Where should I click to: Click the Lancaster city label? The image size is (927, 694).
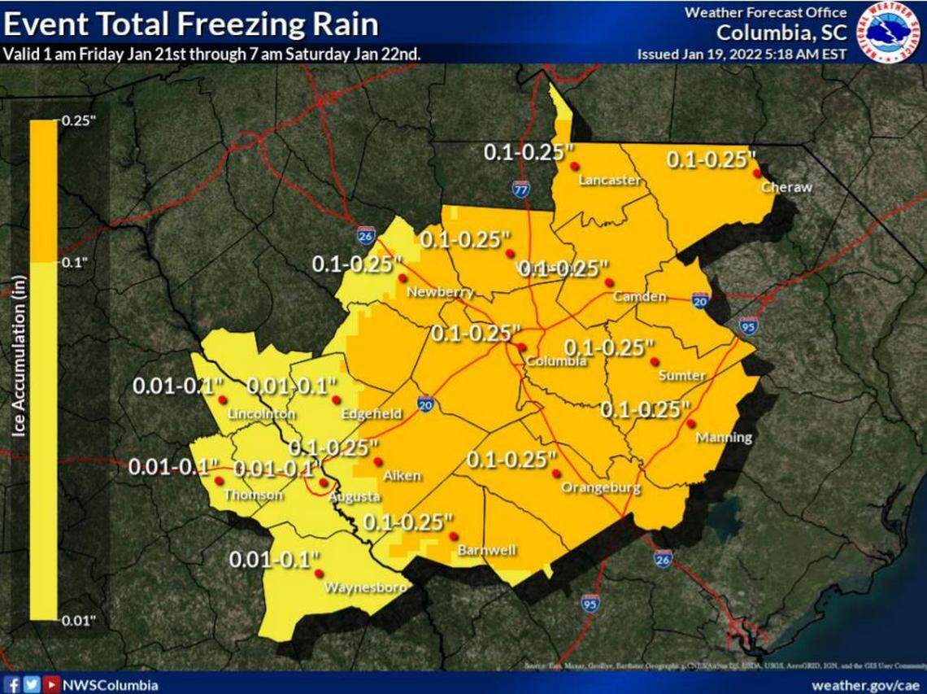tap(609, 181)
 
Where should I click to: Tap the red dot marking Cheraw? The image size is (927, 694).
tap(756, 172)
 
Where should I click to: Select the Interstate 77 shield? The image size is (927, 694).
tap(522, 190)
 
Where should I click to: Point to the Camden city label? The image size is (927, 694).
tap(640, 297)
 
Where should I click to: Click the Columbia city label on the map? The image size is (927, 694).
tap(555, 361)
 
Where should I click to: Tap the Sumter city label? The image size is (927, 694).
tap(681, 375)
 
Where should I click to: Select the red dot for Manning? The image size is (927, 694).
tap(690, 423)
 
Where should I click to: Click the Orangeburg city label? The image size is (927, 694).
tap(601, 488)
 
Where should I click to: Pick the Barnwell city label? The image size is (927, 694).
tap(486, 551)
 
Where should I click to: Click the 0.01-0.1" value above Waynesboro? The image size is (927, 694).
tap(275, 560)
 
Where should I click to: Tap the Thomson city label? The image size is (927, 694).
tap(253, 495)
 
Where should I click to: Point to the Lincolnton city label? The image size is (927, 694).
tap(261, 414)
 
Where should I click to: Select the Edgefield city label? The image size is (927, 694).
tap(372, 414)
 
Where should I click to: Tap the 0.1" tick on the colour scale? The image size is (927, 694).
tap(73, 262)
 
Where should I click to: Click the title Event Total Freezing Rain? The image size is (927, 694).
tap(191, 24)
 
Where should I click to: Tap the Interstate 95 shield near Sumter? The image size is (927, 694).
tap(749, 326)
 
